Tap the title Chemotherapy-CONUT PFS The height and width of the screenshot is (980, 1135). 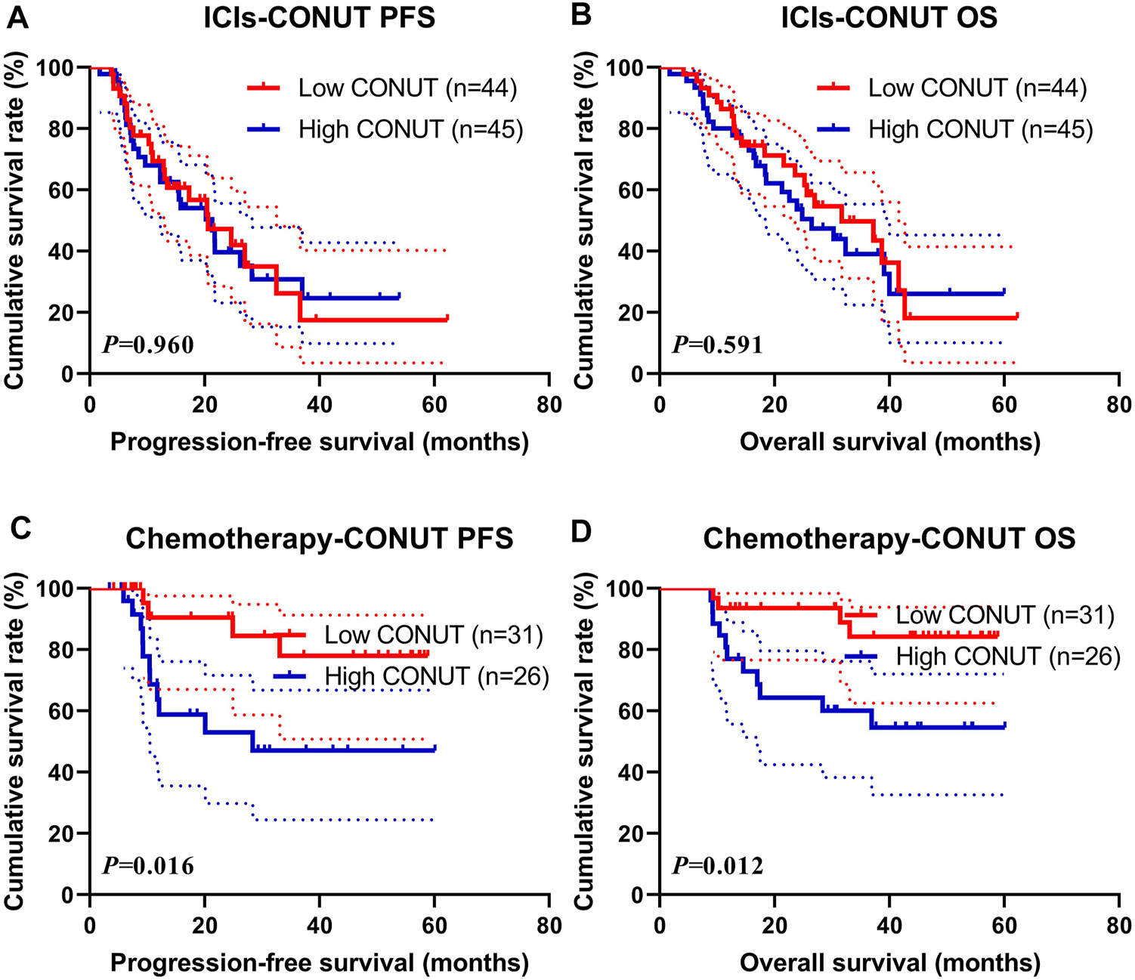(x=319, y=539)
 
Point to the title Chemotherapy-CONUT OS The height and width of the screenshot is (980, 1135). (x=889, y=539)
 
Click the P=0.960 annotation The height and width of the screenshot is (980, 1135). (x=148, y=345)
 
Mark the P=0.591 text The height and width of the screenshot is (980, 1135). (x=718, y=345)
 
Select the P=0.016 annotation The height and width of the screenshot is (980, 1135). (x=148, y=865)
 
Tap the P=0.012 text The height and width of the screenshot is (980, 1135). (x=718, y=865)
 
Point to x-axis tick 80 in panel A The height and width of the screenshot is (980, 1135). (x=549, y=405)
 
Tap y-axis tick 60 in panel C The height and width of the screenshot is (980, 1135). (x=65, y=711)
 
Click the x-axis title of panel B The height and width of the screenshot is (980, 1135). (x=889, y=442)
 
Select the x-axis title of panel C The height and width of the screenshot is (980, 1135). (x=319, y=963)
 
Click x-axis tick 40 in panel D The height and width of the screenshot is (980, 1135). (x=889, y=926)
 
